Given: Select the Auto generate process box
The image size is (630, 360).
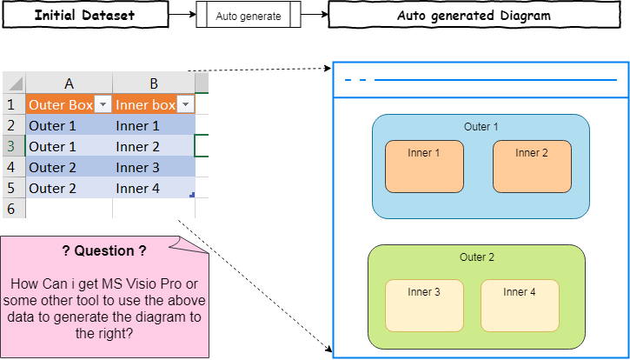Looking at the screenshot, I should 249,17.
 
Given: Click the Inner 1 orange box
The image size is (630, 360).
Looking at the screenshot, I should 424,166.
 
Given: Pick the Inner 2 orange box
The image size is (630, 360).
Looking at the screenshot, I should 532,166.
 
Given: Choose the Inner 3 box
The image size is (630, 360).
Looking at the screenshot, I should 424,305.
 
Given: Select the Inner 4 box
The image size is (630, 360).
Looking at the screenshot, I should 520,305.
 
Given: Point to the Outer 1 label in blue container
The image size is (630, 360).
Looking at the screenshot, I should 481,127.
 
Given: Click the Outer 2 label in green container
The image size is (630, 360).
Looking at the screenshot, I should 477,257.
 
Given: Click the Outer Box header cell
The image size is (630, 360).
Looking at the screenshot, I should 61,104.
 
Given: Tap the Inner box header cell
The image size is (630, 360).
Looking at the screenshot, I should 146,104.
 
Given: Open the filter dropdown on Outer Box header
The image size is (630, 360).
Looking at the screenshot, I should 103,104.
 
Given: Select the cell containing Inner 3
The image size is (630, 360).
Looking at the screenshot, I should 154,167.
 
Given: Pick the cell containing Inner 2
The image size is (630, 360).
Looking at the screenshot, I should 154,146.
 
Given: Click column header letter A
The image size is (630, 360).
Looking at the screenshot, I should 69,83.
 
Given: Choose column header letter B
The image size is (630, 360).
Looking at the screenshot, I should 154,83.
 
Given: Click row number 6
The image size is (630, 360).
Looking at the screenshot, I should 12,209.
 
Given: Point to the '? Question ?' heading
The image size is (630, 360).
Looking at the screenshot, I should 103,251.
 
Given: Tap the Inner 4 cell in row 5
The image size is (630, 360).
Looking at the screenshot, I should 154,188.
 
